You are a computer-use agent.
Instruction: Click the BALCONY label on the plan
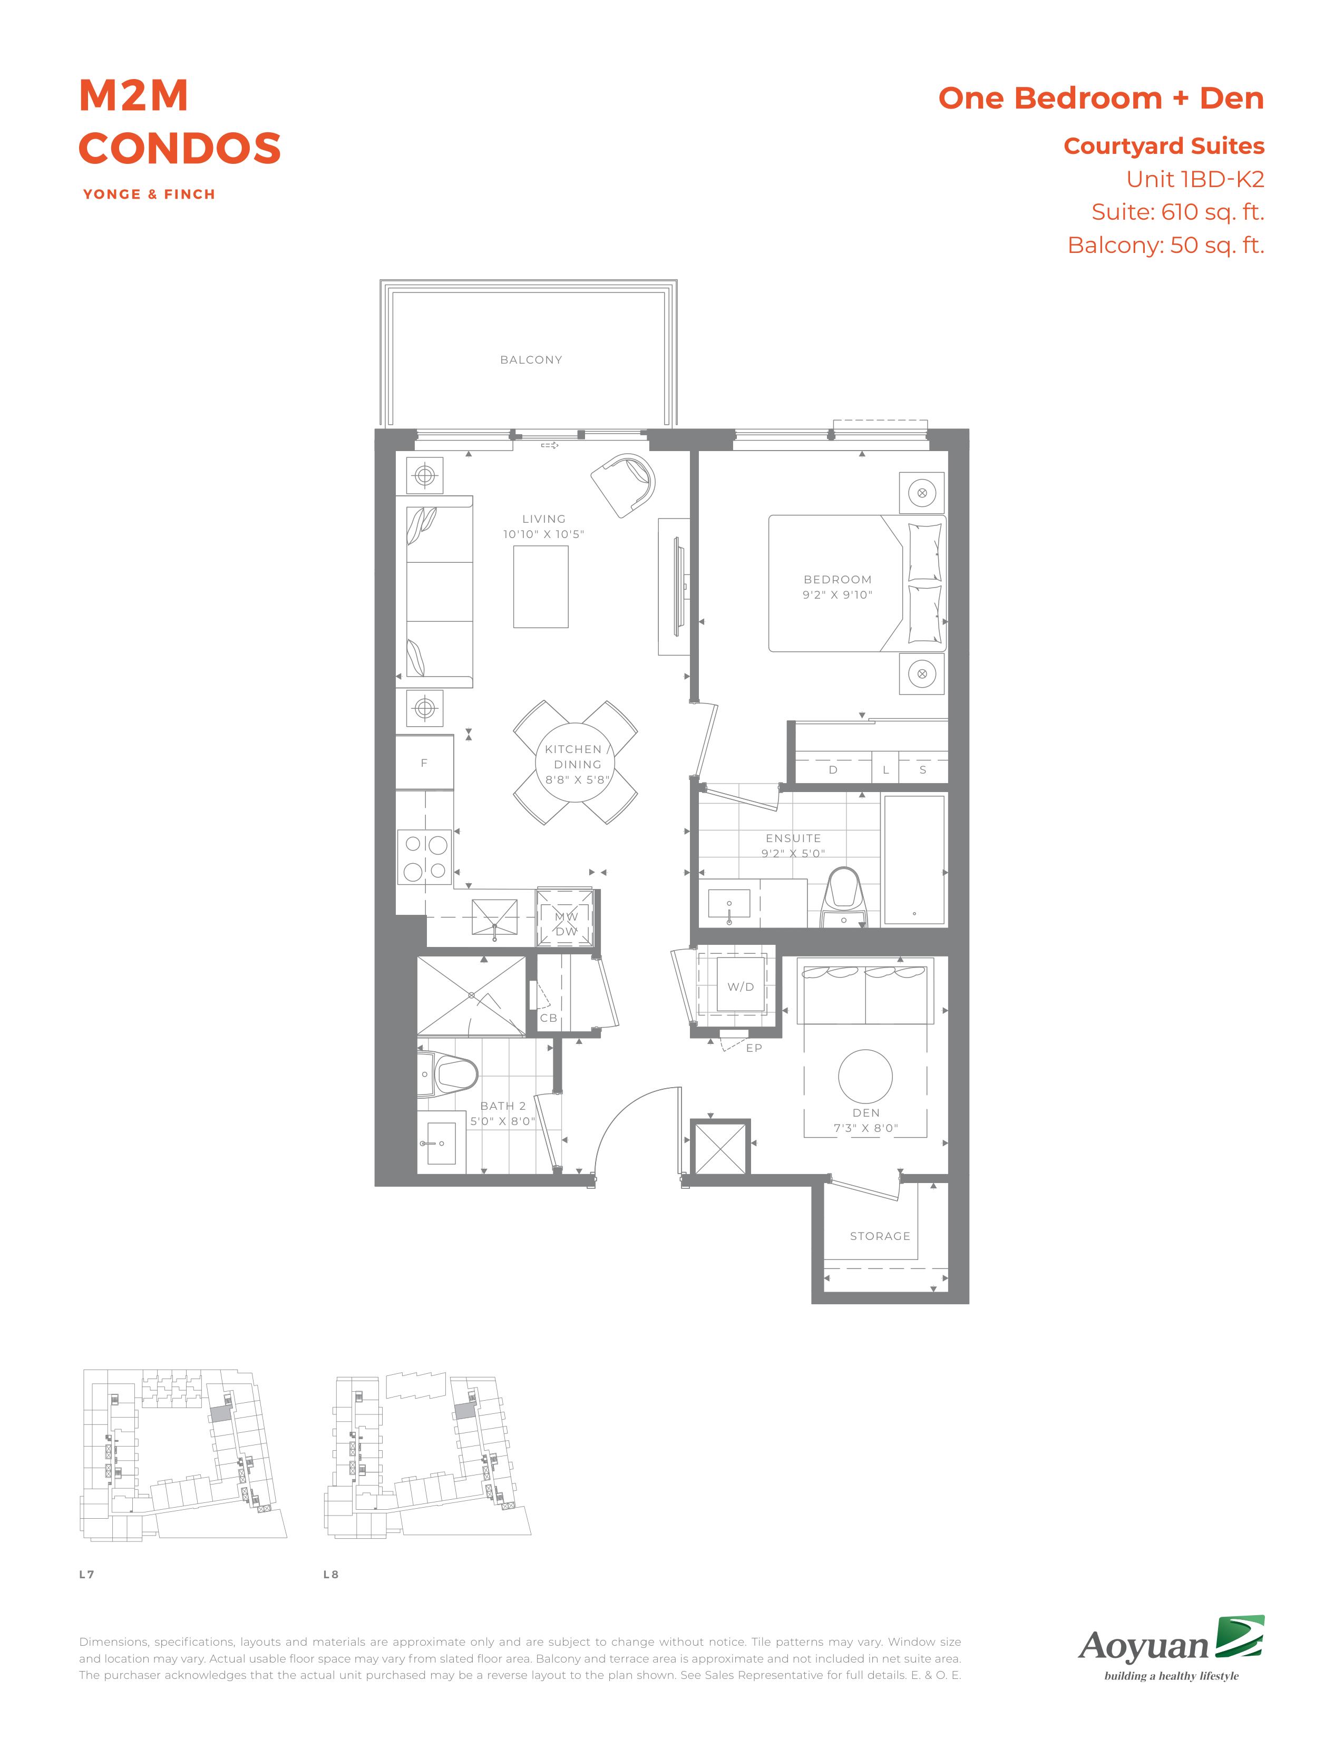[x=531, y=360]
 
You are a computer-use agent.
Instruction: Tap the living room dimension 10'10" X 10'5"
[x=544, y=534]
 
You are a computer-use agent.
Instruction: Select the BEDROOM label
[x=837, y=580]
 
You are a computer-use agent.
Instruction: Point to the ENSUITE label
[x=793, y=838]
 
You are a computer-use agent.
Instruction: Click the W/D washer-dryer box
[x=741, y=986]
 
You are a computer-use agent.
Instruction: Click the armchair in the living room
[x=624, y=483]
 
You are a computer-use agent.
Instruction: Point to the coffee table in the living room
[x=541, y=587]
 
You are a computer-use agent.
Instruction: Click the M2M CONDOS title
[x=180, y=122]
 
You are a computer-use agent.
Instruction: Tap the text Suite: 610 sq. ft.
[x=1177, y=212]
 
